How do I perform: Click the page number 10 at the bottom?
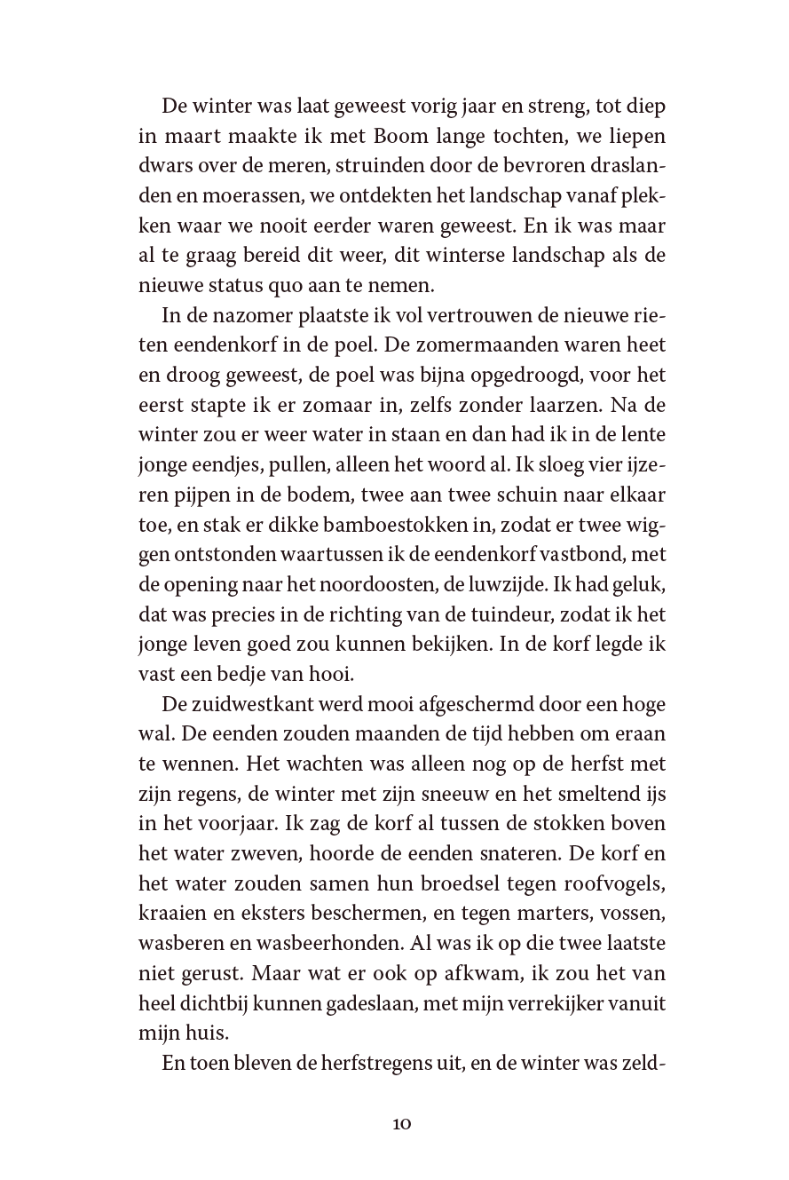point(401,1124)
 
